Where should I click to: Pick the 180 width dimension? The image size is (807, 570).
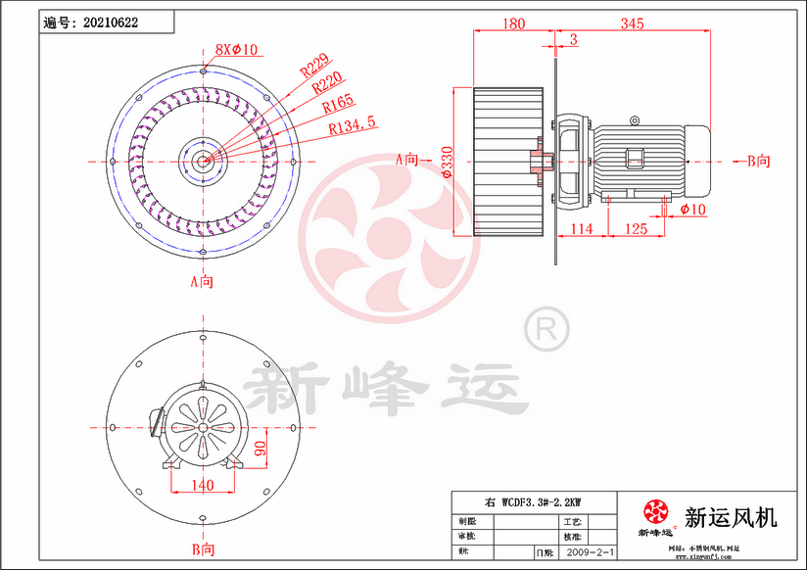513,24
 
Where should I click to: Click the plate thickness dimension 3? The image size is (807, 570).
572,40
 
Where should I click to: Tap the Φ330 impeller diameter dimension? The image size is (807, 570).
448,161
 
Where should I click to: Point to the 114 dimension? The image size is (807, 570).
582,229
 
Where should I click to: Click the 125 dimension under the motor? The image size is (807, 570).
636,229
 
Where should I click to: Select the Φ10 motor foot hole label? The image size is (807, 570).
692,210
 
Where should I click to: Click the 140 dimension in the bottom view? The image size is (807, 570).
203,485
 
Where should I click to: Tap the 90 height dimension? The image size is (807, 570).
261,450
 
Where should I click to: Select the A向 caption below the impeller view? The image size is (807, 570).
202,282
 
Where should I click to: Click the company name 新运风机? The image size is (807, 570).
731,516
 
